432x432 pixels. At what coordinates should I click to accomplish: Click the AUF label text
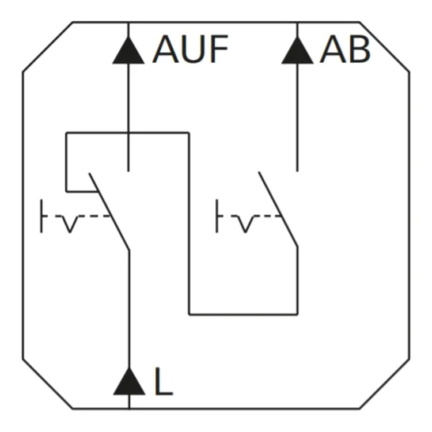191,51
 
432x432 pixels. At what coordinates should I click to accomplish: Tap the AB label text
344,51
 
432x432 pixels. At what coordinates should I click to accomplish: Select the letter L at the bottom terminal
164,383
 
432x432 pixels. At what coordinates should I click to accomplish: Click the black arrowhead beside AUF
128,52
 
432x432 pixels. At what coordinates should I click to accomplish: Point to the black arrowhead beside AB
297,52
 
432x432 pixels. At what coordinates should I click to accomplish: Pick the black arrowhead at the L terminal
128,384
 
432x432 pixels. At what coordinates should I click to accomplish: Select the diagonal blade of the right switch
279,210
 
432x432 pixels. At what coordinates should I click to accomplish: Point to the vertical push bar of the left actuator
41,216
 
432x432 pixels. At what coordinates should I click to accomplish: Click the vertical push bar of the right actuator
217,216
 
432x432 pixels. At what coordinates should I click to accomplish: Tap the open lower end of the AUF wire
128,169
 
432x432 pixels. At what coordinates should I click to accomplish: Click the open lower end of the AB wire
297,169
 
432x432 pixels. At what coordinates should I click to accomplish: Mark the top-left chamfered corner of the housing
47,47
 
